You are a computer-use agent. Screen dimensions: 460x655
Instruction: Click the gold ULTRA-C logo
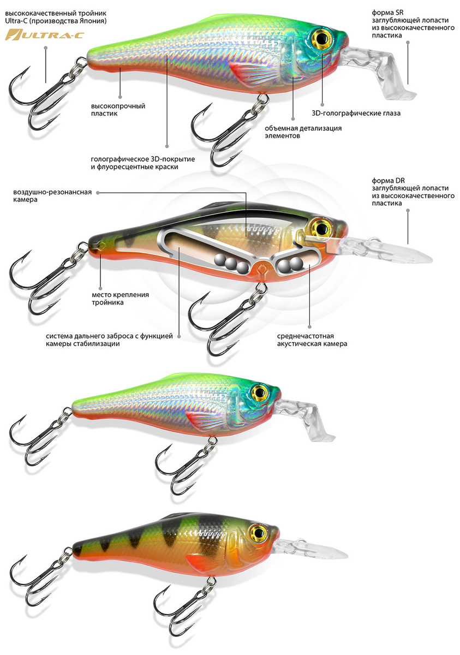(x=45, y=35)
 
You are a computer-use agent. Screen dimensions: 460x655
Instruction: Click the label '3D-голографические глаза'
(x=356, y=113)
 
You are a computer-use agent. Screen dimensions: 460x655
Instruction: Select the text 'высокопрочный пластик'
(x=118, y=110)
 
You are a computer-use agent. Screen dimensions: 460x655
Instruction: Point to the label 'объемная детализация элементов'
(x=303, y=132)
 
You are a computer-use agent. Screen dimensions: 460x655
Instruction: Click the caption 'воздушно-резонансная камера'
(x=52, y=195)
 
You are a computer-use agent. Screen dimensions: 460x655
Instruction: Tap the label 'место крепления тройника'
(x=120, y=298)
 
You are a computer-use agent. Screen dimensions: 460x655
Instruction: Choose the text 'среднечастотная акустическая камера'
(x=312, y=340)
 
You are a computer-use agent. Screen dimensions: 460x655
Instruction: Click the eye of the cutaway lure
(x=321, y=227)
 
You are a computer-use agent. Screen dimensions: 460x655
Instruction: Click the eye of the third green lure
(x=259, y=391)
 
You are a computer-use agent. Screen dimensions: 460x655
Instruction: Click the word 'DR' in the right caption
(x=400, y=181)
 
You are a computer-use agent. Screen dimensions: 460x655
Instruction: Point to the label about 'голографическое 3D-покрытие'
(x=143, y=163)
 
